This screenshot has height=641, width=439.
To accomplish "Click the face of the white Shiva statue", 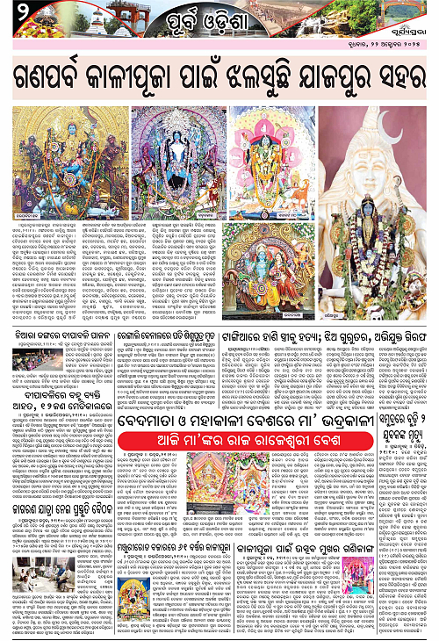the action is pos(386,145).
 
